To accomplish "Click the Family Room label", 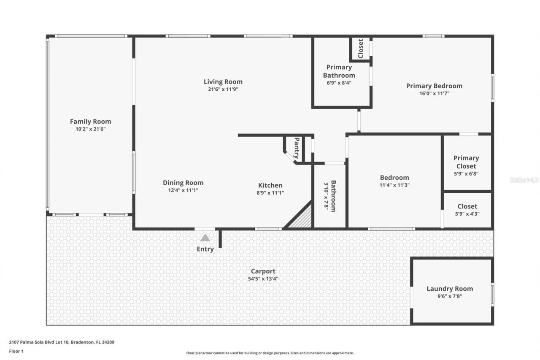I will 90,122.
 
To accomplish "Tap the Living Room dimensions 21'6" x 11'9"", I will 223,89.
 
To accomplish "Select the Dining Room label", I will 183,183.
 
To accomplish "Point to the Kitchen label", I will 270,185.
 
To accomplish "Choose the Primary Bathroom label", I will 339,71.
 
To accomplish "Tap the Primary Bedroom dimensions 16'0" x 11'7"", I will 434,94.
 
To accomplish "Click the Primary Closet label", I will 466,162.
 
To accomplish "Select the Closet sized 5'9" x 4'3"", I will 467,209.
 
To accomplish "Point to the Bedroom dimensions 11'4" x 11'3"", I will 394,185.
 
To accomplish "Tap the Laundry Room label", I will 449,289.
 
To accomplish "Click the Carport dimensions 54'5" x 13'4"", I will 263,279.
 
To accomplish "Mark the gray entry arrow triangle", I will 205,238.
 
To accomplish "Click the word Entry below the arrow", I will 205,249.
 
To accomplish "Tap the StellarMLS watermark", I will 524,180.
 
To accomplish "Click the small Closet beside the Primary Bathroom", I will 360,49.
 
